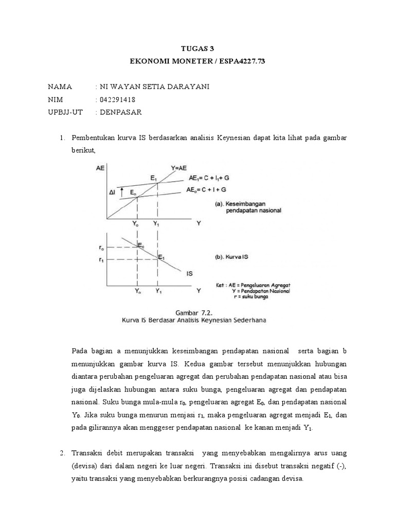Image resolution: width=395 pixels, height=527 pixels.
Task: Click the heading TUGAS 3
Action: tap(197, 49)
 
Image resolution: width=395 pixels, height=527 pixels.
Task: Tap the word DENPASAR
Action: tap(120, 112)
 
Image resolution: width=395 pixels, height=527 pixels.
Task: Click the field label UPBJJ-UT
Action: tap(65, 112)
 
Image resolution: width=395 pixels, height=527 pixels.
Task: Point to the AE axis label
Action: tap(100, 168)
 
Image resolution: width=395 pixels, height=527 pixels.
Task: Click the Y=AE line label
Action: tap(179, 167)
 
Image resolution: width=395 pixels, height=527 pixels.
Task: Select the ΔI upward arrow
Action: tap(122, 192)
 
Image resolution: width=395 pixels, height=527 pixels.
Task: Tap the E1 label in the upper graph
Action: tap(154, 178)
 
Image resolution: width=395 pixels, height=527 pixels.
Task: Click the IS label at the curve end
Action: tap(190, 274)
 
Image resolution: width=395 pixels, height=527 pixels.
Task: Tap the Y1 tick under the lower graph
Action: tap(158, 291)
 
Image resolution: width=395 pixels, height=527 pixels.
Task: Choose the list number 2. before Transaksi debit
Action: tap(62, 453)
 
